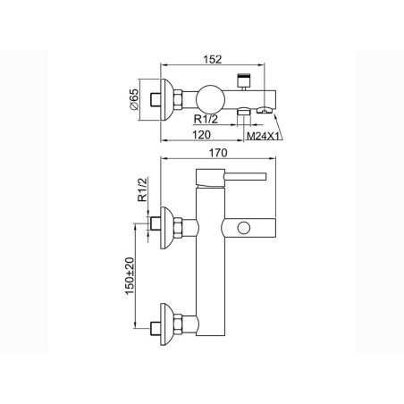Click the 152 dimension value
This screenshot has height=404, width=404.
(213, 60)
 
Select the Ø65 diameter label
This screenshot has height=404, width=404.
(134, 99)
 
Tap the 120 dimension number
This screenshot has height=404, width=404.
(201, 135)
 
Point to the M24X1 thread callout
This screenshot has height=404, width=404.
(264, 136)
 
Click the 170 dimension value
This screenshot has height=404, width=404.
(218, 153)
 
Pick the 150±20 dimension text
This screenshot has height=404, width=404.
(130, 276)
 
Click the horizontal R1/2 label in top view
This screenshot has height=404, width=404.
(206, 119)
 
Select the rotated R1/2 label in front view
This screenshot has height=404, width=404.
(142, 189)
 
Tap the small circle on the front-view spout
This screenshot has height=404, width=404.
(244, 228)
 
